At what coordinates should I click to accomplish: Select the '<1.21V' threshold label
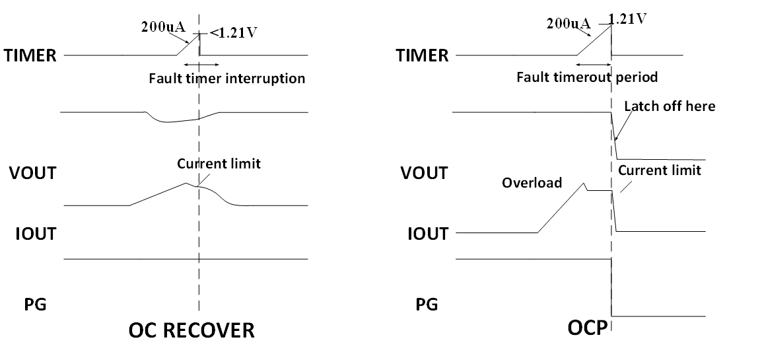pyautogui.click(x=233, y=33)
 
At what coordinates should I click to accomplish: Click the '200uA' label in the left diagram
pyautogui.click(x=162, y=28)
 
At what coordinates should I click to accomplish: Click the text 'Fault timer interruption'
pyautogui.click(x=226, y=79)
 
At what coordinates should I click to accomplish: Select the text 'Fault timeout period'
pyautogui.click(x=587, y=77)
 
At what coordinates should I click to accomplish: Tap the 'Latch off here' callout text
pyautogui.click(x=670, y=106)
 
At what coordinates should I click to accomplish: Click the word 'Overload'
pyautogui.click(x=532, y=182)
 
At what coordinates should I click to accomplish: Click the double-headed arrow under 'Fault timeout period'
pyautogui.click(x=594, y=65)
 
